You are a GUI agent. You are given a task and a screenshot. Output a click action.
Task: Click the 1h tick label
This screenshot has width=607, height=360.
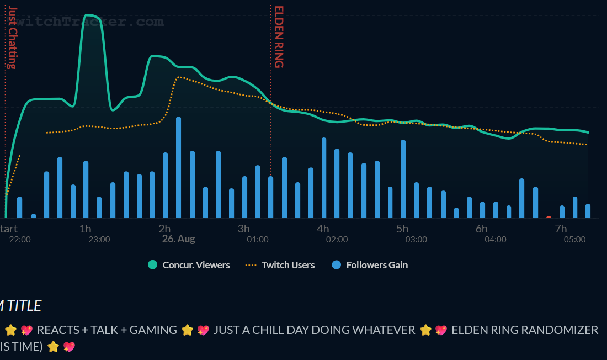85,229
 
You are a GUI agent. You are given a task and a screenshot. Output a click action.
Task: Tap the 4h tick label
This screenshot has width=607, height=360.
323,229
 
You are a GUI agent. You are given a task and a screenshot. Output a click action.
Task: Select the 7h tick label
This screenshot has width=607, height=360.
561,229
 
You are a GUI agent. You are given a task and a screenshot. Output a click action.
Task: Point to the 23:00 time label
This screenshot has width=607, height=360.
99,240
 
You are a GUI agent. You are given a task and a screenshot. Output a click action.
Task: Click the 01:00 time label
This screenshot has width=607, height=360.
258,240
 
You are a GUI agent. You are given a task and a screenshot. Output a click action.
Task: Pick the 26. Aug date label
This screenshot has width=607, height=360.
178,239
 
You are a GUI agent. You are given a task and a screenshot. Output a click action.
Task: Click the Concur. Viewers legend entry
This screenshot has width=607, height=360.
189,265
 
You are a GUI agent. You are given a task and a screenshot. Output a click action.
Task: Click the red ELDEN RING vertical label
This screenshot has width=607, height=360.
279,37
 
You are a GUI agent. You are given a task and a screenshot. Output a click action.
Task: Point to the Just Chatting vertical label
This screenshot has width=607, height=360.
12,38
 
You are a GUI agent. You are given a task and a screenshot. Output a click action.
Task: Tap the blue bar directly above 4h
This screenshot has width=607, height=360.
324,177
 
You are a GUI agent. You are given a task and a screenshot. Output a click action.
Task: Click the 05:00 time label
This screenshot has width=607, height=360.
574,240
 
